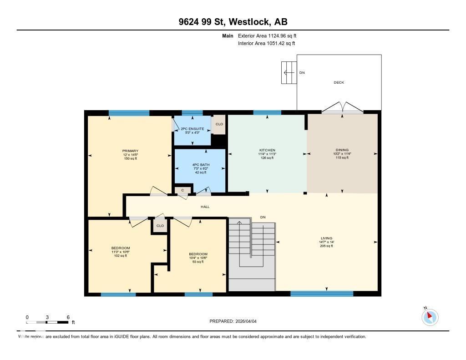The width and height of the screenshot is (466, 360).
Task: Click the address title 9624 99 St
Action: [x=233, y=22]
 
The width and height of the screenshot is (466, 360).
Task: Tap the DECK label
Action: [x=339, y=82]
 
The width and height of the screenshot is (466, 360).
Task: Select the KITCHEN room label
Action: [x=267, y=150]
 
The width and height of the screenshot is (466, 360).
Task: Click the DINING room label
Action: [x=342, y=150]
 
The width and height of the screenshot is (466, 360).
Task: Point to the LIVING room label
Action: [x=326, y=238]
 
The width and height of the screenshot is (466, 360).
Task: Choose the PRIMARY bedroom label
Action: [x=130, y=151]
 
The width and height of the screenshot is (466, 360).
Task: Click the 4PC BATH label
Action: [x=200, y=166]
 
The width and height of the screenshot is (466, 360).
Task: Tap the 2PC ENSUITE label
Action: [x=192, y=129]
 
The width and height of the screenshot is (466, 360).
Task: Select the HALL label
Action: [x=205, y=207]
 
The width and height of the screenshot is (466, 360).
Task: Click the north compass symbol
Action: [x=430, y=317]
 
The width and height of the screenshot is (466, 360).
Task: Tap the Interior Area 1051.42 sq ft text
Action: [x=266, y=44]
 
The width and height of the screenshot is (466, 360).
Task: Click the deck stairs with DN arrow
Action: [x=288, y=72]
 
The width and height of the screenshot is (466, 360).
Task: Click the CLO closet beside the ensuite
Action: [x=219, y=124]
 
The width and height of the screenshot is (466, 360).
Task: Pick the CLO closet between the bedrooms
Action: [x=160, y=226]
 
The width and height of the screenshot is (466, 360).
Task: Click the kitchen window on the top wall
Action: [x=267, y=113]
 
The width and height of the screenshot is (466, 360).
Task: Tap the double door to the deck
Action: [x=342, y=109]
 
